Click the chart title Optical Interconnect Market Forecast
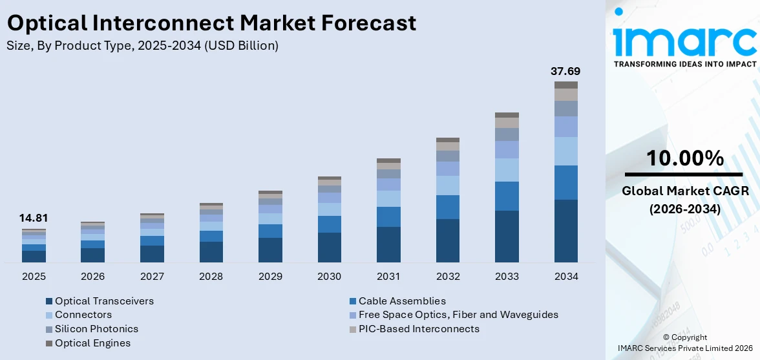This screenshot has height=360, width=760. [212, 23]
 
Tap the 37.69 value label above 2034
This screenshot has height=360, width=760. [565, 70]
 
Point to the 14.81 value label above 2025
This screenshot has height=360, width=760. [34, 218]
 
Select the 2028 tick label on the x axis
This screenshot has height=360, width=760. [211, 277]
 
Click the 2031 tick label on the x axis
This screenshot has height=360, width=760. [388, 277]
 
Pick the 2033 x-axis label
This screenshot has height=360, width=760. [507, 277]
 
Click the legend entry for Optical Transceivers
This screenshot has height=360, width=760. [104, 301]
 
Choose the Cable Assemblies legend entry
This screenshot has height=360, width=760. [402, 301]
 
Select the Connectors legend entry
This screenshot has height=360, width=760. [83, 315]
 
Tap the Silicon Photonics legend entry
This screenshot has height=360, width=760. [96, 329]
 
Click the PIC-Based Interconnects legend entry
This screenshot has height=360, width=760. [419, 329]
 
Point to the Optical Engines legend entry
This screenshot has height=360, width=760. [92, 343]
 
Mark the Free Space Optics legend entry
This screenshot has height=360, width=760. [458, 315]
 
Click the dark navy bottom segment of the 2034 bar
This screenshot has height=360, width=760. [565, 231]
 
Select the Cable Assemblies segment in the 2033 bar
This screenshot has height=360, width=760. [507, 196]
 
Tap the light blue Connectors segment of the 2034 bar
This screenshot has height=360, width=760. [565, 151]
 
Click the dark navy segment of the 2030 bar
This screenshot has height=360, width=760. [329, 247]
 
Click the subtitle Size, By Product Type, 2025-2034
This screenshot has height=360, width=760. [143, 46]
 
